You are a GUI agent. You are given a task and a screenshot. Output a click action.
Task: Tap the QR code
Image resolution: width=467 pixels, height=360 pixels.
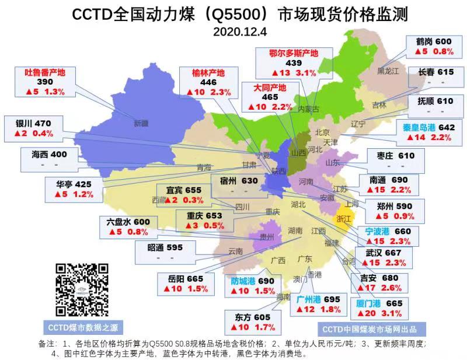point(82,290)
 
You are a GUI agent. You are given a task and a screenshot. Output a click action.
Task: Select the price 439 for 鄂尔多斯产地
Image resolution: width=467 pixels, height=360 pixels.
point(292,63)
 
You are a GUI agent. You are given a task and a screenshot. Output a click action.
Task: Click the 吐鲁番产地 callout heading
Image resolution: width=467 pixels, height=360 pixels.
point(44,73)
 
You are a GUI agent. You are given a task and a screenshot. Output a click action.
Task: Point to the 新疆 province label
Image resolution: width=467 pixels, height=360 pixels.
point(141,123)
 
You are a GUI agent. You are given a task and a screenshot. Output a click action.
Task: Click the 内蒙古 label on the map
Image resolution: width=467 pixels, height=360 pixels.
point(308,109)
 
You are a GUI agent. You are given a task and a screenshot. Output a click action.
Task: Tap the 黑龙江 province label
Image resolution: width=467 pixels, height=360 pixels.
point(387,71)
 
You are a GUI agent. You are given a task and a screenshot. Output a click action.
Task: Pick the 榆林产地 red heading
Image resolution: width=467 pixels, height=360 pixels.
point(208,73)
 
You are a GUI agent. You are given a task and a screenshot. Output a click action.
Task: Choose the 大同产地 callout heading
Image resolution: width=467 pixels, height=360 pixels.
point(270,88)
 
